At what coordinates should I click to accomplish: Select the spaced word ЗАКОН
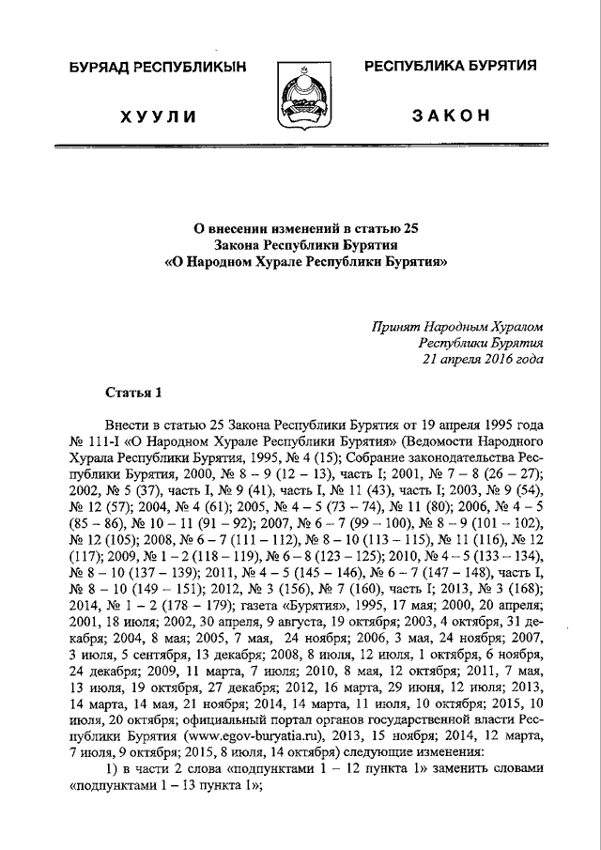(451, 115)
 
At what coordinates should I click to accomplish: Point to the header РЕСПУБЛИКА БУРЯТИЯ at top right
(451, 66)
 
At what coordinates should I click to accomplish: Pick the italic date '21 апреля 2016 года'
(483, 360)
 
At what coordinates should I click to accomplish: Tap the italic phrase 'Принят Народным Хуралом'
(457, 326)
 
